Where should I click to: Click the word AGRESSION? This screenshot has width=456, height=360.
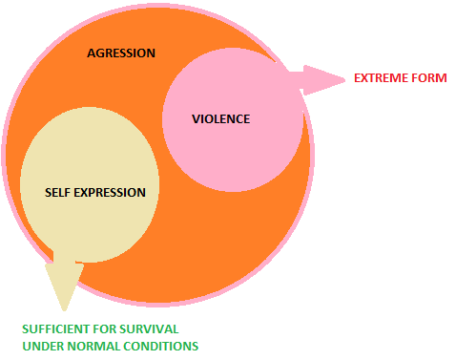pyautogui.click(x=120, y=53)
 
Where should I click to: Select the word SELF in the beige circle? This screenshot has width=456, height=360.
pyautogui.click(x=58, y=192)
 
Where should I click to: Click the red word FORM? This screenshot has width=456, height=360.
pyautogui.click(x=429, y=77)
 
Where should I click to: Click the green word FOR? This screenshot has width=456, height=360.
pyautogui.click(x=112, y=329)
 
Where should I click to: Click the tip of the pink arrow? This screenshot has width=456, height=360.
pyautogui.click(x=342, y=79)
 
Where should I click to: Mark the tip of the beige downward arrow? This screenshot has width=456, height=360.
pyautogui.click(x=65, y=309)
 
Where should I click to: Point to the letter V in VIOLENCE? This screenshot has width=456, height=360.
pyautogui.click(x=194, y=119)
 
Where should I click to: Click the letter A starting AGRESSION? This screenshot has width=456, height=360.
pyautogui.click(x=91, y=53)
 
